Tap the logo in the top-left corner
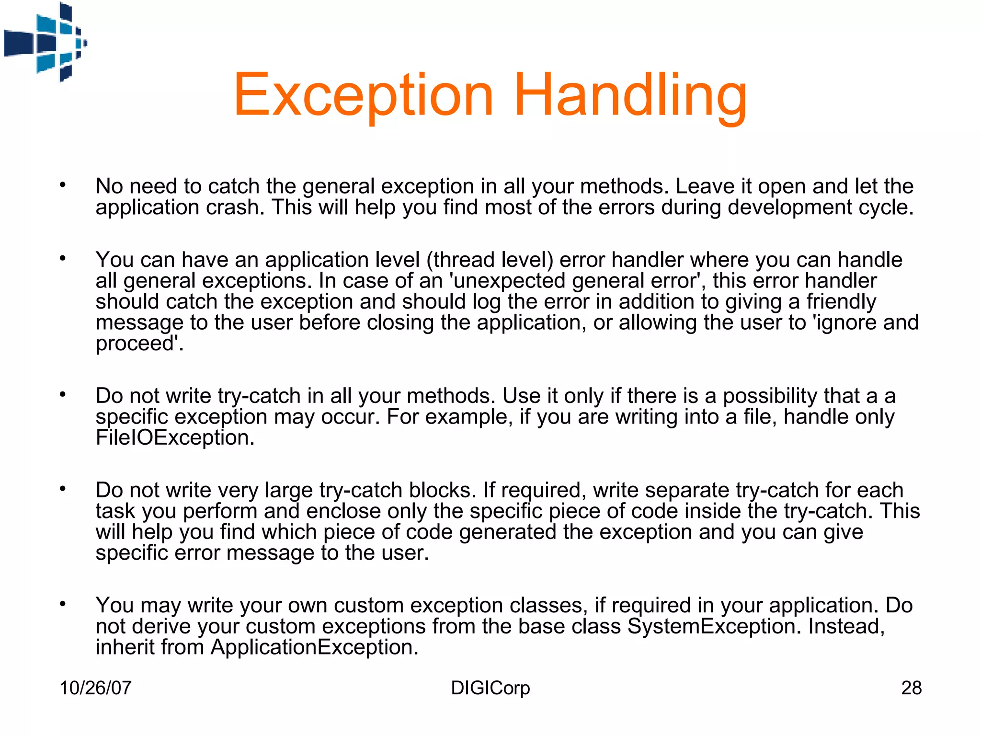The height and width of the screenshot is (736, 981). point(46,42)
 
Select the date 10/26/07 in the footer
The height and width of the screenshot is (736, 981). point(95,688)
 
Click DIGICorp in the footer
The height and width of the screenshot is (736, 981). point(490,688)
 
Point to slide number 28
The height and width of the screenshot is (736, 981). point(911,688)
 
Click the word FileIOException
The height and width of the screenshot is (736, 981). point(174,438)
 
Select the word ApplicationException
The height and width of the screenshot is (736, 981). point(314,647)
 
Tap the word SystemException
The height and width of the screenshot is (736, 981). point(714,627)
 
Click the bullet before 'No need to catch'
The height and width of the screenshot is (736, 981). point(63,184)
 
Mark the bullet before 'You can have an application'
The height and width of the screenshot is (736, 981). point(63,258)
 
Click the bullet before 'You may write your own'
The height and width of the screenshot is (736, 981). point(63,604)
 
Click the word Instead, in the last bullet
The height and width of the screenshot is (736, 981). point(846,627)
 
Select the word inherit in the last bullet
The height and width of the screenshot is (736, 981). point(125,647)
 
